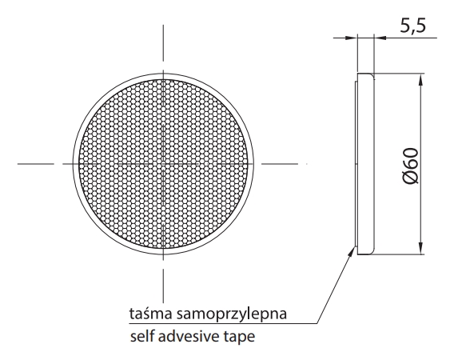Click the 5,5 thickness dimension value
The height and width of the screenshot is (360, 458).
[412, 26]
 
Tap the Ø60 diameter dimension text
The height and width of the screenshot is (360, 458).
[411, 166]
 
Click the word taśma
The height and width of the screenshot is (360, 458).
[151, 314]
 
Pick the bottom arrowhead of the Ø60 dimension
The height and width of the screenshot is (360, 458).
[420, 248]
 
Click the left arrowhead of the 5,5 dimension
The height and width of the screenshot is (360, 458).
[351, 38]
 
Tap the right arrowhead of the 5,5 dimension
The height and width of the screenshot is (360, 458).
[380, 38]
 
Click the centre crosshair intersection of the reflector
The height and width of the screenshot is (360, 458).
[163, 164]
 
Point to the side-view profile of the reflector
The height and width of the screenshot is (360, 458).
[364, 164]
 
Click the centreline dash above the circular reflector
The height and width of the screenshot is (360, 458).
[163, 43]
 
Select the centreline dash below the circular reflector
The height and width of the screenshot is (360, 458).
[163, 286]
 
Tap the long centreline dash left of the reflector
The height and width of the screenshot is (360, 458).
[36, 164]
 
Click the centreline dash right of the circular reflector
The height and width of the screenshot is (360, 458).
[280, 164]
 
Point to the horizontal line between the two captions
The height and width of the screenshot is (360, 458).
[223, 324]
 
